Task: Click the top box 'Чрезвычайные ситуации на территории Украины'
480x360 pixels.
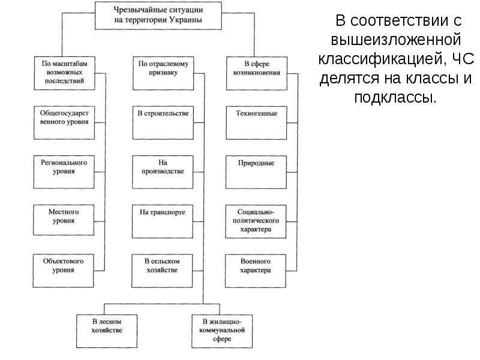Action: [158, 16]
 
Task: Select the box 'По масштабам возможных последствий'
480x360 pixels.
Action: [65, 73]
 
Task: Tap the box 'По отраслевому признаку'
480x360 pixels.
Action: [163, 73]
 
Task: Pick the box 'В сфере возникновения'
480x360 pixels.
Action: [257, 73]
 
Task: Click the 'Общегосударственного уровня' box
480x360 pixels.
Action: [64, 123]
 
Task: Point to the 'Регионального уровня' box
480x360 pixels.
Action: [64, 172]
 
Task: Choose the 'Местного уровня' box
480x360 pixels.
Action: [64, 220]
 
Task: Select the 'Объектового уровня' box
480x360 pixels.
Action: [64, 271]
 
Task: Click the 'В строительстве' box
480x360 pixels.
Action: [163, 123]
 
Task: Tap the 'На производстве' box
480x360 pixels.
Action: [163, 172]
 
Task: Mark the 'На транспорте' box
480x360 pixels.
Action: [163, 221]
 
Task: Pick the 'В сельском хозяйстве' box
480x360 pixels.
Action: [162, 271]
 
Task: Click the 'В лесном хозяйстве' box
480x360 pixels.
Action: [107, 331]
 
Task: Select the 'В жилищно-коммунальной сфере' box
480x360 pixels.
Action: [222, 331]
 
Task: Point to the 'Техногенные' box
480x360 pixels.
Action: [257, 123]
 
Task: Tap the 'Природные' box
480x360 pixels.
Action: [256, 172]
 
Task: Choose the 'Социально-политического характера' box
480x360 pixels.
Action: [256, 221]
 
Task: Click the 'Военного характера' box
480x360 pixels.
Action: [256, 271]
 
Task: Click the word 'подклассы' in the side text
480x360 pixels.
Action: [394, 98]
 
